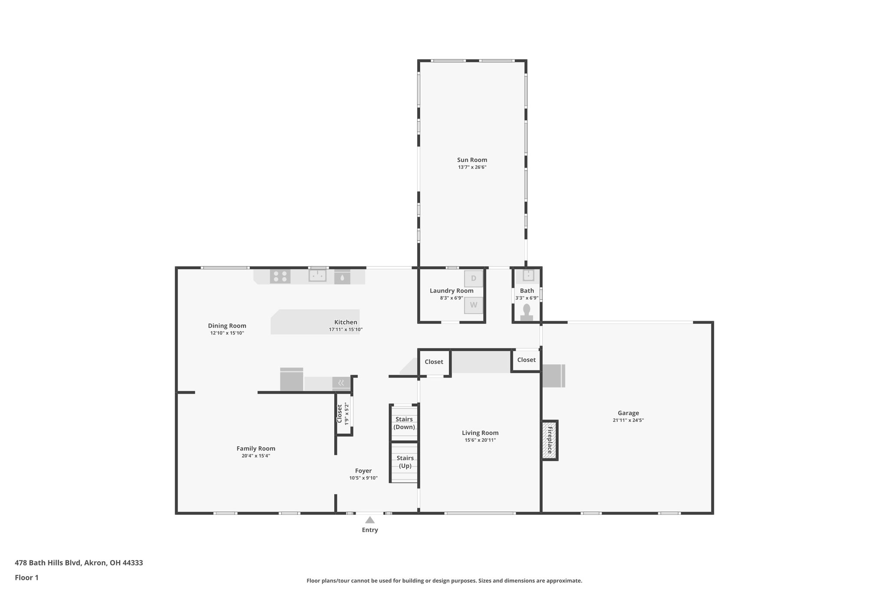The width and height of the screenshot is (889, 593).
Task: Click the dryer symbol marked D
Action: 473,278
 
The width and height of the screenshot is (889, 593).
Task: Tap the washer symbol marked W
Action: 473,305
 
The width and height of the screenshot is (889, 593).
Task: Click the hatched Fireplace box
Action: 550,440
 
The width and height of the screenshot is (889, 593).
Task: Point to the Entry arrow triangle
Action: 370,520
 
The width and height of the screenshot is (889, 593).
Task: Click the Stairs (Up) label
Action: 405,462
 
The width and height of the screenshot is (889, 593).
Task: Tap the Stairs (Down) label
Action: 404,423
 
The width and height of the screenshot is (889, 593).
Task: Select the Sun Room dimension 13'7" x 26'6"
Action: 472,167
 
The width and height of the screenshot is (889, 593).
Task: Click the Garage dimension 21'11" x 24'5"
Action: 628,421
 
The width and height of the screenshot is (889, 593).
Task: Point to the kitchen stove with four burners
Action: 280,276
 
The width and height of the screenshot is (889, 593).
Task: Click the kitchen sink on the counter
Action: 317,275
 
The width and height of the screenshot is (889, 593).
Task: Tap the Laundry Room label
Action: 451,291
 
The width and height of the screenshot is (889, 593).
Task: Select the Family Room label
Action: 256,448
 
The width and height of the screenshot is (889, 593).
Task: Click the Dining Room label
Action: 227,326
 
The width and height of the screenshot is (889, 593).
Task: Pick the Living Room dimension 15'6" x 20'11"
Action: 480,440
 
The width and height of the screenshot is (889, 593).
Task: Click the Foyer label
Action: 363,470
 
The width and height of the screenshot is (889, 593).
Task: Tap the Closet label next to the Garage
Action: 526,360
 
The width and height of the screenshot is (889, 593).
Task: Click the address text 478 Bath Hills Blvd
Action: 79,563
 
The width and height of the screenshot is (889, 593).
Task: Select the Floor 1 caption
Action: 26,577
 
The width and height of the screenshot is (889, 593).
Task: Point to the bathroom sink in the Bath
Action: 528,275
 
